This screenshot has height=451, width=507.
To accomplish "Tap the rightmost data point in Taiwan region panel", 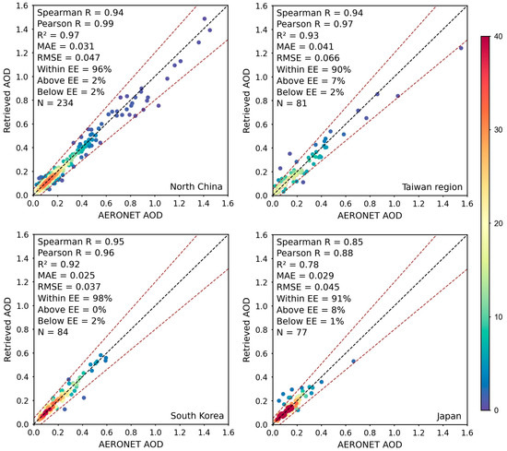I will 461,48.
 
